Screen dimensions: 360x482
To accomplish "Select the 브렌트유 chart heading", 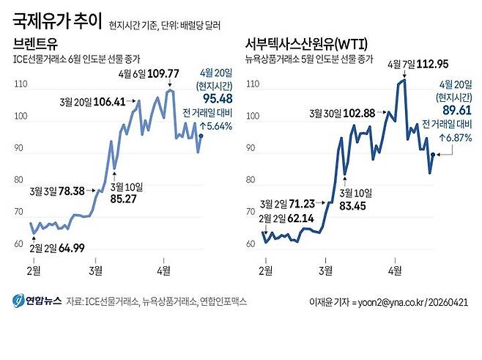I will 35,43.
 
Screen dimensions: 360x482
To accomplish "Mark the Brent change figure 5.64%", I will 215,125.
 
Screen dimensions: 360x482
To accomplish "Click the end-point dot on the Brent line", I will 201,136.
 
